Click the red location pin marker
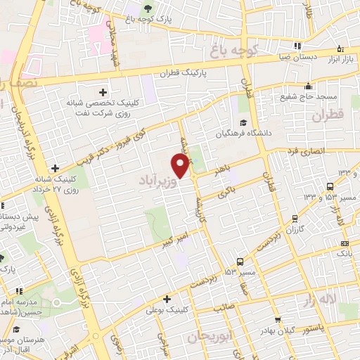click(181, 166)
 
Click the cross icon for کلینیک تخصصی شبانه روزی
click(103, 92)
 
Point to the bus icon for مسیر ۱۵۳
click(240, 260)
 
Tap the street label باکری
click(225, 189)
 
